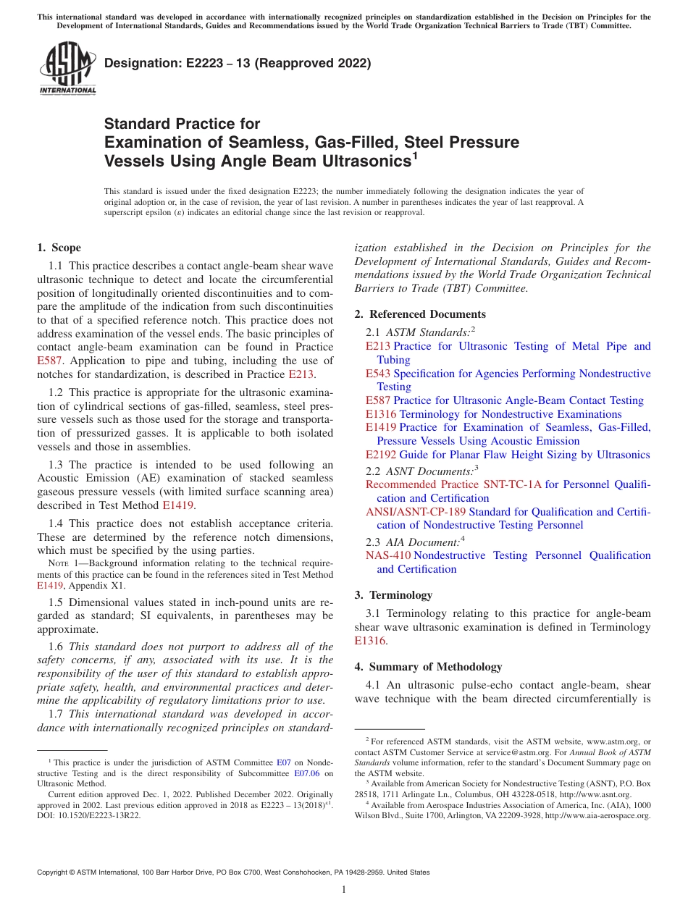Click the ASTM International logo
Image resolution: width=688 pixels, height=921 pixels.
pyautogui.click(x=67, y=68)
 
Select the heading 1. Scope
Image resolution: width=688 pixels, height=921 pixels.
pyautogui.click(x=59, y=248)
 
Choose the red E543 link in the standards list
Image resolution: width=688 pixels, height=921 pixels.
pyautogui.click(x=377, y=374)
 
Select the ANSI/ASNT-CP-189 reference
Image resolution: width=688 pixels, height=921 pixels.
pyautogui.click(x=416, y=512)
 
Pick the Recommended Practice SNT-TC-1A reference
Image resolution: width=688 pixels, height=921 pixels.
pyautogui.click(x=453, y=484)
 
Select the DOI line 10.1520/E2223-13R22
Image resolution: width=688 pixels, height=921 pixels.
pyautogui.click(x=89, y=815)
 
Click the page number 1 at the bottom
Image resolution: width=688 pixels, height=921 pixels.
pyautogui.click(x=344, y=890)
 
